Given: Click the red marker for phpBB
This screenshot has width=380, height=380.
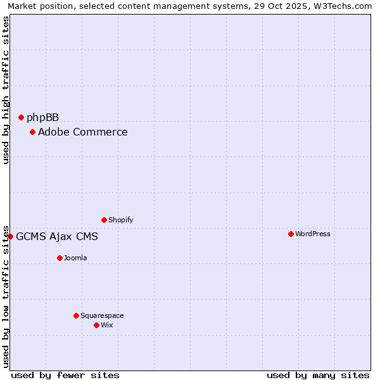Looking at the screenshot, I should click(x=21, y=117).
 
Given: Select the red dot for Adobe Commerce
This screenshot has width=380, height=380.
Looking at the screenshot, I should click(x=32, y=132).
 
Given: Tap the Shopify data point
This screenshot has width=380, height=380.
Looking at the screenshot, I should click(x=104, y=220).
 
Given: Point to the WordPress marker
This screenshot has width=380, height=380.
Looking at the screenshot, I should click(x=291, y=234).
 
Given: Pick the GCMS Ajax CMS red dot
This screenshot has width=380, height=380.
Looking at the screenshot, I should click(x=10, y=236).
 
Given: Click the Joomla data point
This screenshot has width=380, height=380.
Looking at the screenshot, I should click(x=60, y=258).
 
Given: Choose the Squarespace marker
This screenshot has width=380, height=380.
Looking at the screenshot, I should click(x=76, y=315).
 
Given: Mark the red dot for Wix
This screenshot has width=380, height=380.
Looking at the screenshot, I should click(x=96, y=325).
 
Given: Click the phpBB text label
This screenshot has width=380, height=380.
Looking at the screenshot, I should click(x=42, y=117).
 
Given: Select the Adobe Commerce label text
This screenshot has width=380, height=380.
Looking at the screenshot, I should click(x=82, y=132).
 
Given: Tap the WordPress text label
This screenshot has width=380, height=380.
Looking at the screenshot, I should click(x=312, y=234).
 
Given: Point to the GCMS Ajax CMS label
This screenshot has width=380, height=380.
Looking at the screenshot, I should click(x=57, y=237).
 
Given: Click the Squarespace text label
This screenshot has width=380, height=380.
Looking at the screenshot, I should click(x=102, y=315).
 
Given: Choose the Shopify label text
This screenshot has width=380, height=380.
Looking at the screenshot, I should click(x=120, y=220).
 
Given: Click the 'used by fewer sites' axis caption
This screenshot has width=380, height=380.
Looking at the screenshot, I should click(x=65, y=375).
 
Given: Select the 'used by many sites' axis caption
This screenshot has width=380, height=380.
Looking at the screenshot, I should click(x=318, y=375).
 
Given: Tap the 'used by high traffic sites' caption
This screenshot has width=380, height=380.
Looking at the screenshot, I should click(x=6, y=90).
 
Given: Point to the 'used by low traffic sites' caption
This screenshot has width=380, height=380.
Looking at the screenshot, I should click(x=6, y=296).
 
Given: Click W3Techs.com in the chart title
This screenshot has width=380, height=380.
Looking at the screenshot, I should click(x=343, y=6).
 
